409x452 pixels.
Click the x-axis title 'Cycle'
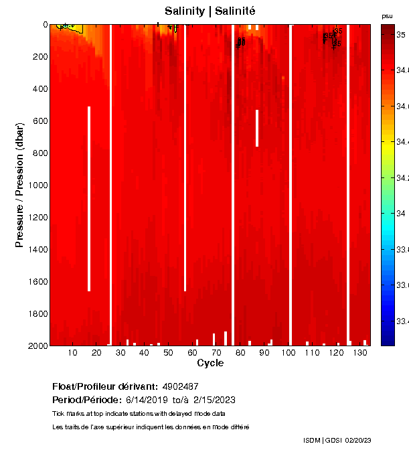[210, 363]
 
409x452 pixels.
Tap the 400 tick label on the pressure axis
[40, 88]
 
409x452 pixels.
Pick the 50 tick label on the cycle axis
[168, 352]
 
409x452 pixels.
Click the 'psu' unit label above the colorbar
[387, 15]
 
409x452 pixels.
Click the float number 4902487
[180, 386]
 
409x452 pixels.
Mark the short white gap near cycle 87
[256, 127]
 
